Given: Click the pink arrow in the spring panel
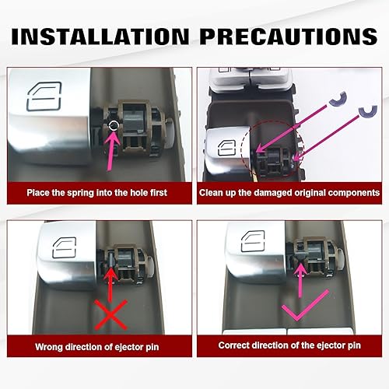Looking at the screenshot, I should coord(114,148).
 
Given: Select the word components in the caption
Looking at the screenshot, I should coord(349,191).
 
